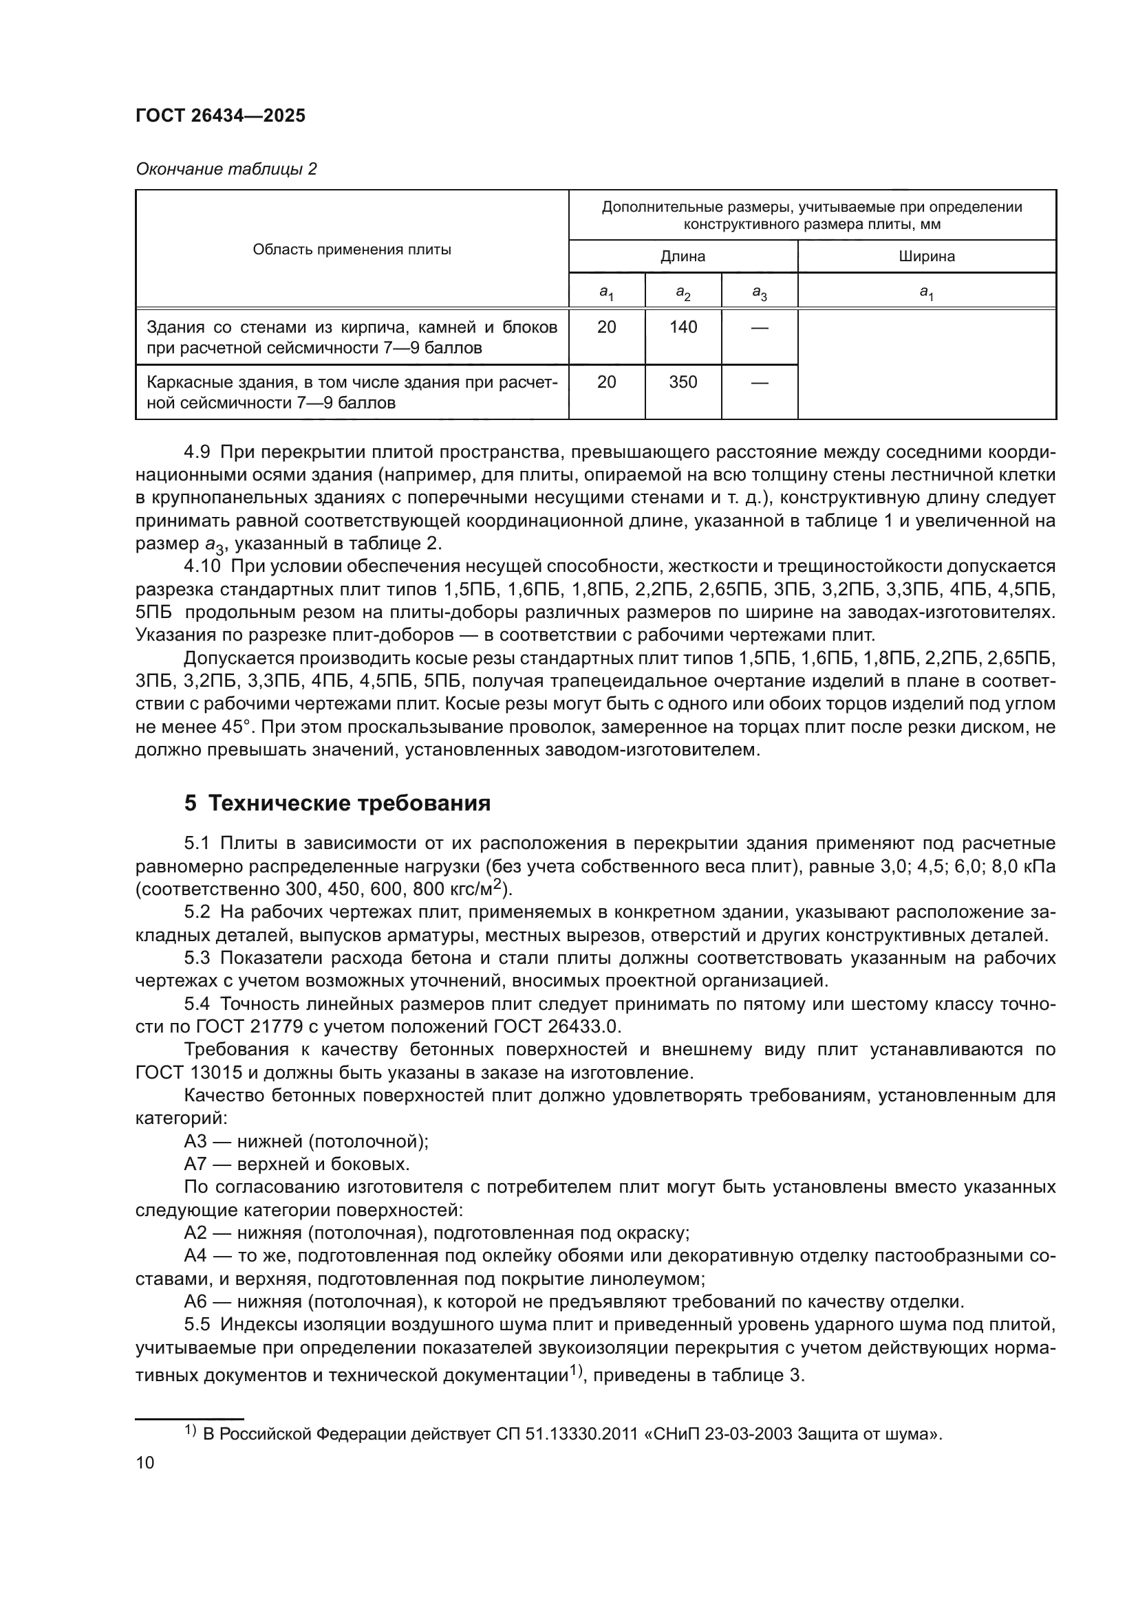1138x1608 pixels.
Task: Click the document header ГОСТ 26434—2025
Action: (220, 116)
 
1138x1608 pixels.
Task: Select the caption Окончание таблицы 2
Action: (226, 170)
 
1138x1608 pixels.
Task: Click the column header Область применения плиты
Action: (352, 250)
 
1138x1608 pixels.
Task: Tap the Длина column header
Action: (683, 256)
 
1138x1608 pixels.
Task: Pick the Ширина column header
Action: (926, 256)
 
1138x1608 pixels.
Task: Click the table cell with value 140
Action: (683, 327)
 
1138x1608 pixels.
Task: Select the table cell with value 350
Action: (683, 382)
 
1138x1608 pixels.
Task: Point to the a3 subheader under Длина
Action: (759, 292)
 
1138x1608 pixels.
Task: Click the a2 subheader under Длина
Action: (683, 292)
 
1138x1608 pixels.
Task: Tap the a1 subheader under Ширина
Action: (926, 292)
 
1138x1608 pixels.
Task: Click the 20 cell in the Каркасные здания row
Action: (606, 382)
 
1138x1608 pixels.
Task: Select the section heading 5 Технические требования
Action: (337, 803)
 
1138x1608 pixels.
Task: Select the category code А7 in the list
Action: (195, 1165)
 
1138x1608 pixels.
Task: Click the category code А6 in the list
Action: (195, 1302)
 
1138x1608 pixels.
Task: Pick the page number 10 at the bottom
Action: (145, 1462)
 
